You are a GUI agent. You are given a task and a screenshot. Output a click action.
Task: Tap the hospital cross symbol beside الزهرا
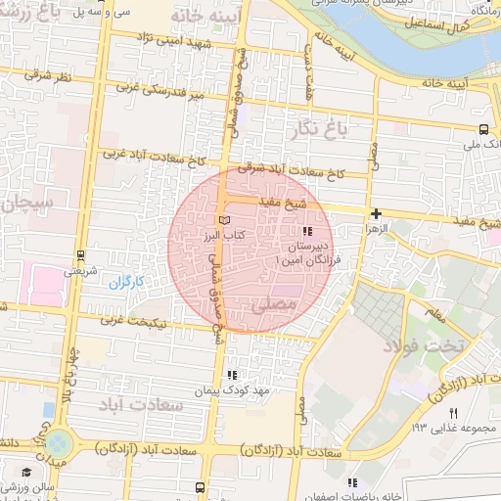(x=376, y=212)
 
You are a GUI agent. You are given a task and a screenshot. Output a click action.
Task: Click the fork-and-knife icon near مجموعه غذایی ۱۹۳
(x=452, y=414)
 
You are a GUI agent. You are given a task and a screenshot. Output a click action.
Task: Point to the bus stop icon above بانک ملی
(x=483, y=128)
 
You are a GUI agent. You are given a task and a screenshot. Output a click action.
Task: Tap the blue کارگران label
(x=124, y=282)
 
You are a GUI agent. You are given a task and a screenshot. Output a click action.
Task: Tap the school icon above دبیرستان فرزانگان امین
(x=307, y=231)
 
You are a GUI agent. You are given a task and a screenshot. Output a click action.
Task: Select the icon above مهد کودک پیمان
(x=232, y=374)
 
